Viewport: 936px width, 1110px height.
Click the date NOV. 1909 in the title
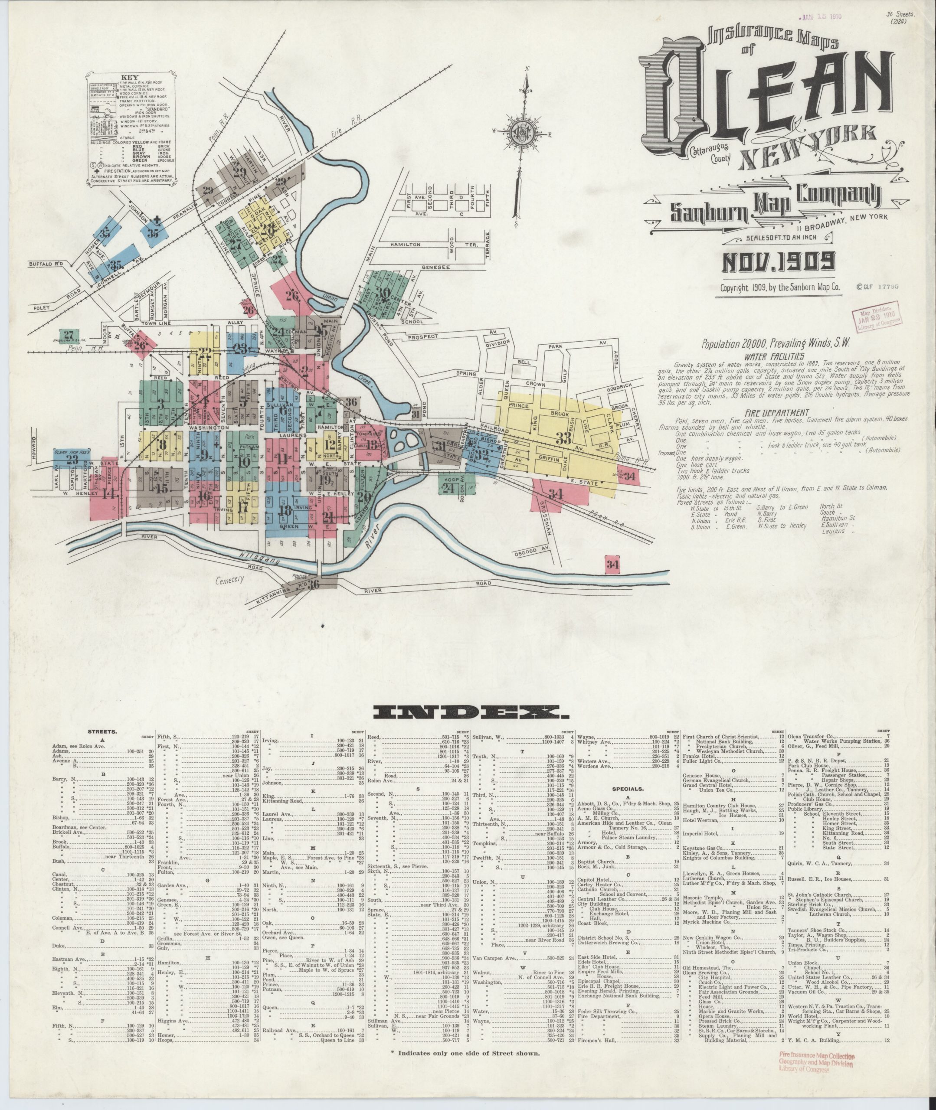pyautogui.click(x=777, y=261)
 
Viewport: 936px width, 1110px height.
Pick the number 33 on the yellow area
pyautogui.click(x=564, y=438)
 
